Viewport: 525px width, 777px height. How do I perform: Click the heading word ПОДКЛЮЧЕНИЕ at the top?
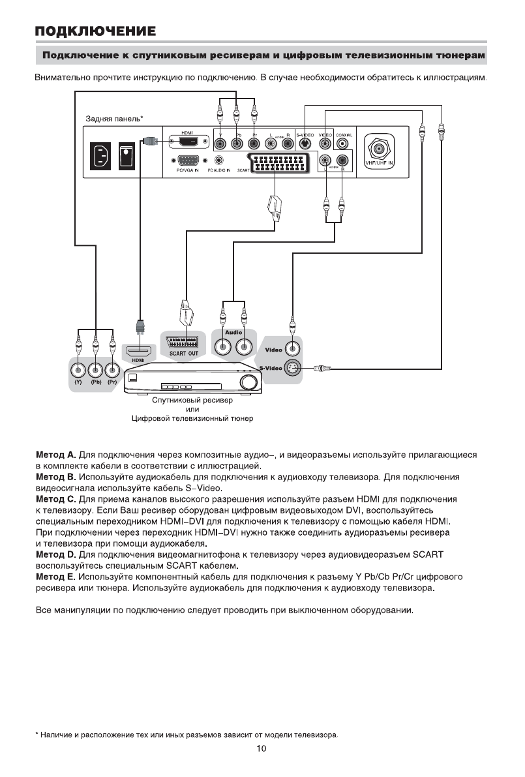(x=95, y=31)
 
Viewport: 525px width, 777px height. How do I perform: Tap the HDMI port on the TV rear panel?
(x=188, y=142)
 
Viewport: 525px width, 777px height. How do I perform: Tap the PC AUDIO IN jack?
(x=219, y=160)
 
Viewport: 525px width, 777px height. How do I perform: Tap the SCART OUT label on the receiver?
(x=184, y=353)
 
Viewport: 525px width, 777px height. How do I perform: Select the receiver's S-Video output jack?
(x=293, y=369)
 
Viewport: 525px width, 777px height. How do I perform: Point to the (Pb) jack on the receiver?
(x=95, y=369)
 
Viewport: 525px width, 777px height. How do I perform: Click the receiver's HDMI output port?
(x=138, y=350)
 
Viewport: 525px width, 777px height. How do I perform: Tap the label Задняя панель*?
(x=114, y=119)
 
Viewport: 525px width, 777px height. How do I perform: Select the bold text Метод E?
(x=55, y=577)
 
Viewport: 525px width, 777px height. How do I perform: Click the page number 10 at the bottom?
(x=261, y=749)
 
